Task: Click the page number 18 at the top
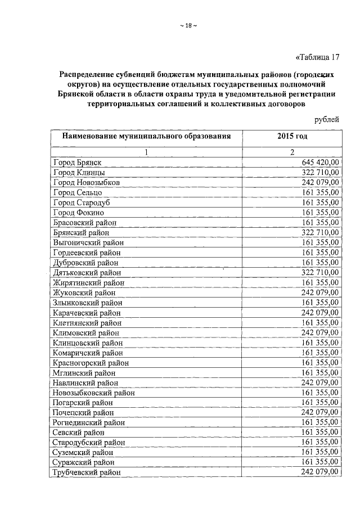pos(188,25)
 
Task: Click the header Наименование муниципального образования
pos(146,137)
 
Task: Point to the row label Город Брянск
pos(78,163)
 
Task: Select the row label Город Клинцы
pos(78,173)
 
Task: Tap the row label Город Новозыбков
pos(87,183)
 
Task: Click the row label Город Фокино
pos(79,213)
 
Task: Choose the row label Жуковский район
pos(84,292)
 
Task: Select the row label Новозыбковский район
pos(94,393)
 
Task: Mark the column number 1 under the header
pos(146,152)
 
